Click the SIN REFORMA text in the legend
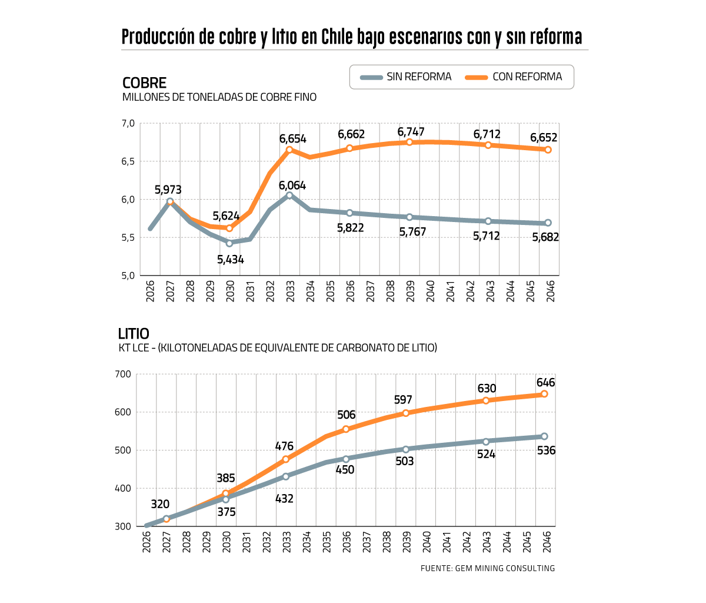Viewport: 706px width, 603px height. [419, 77]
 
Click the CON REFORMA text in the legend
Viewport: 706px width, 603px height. [527, 77]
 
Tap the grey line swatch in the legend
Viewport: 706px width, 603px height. [371, 77]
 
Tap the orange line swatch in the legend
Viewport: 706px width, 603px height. [477, 77]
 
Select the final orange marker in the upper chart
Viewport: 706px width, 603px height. [548, 150]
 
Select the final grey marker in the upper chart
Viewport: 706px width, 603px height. [548, 223]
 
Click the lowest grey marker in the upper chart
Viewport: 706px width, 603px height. [229, 243]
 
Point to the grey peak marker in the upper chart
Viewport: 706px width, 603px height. [289, 195]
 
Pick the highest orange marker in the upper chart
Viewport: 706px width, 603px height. [409, 142]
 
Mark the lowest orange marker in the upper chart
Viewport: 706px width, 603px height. [229, 228]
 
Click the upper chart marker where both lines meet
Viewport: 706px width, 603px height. [170, 201]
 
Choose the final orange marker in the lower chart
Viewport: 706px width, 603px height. [544, 393]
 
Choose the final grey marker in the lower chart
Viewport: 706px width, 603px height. [544, 436]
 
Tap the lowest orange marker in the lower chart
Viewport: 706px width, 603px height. [166, 519]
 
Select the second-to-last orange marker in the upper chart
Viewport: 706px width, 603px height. [488, 145]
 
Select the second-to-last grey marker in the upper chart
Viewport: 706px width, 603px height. [488, 221]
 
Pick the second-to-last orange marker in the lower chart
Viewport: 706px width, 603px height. [485, 400]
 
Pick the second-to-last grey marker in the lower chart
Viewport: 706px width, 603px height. [485, 442]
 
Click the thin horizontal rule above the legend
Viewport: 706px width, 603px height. [355, 50]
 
